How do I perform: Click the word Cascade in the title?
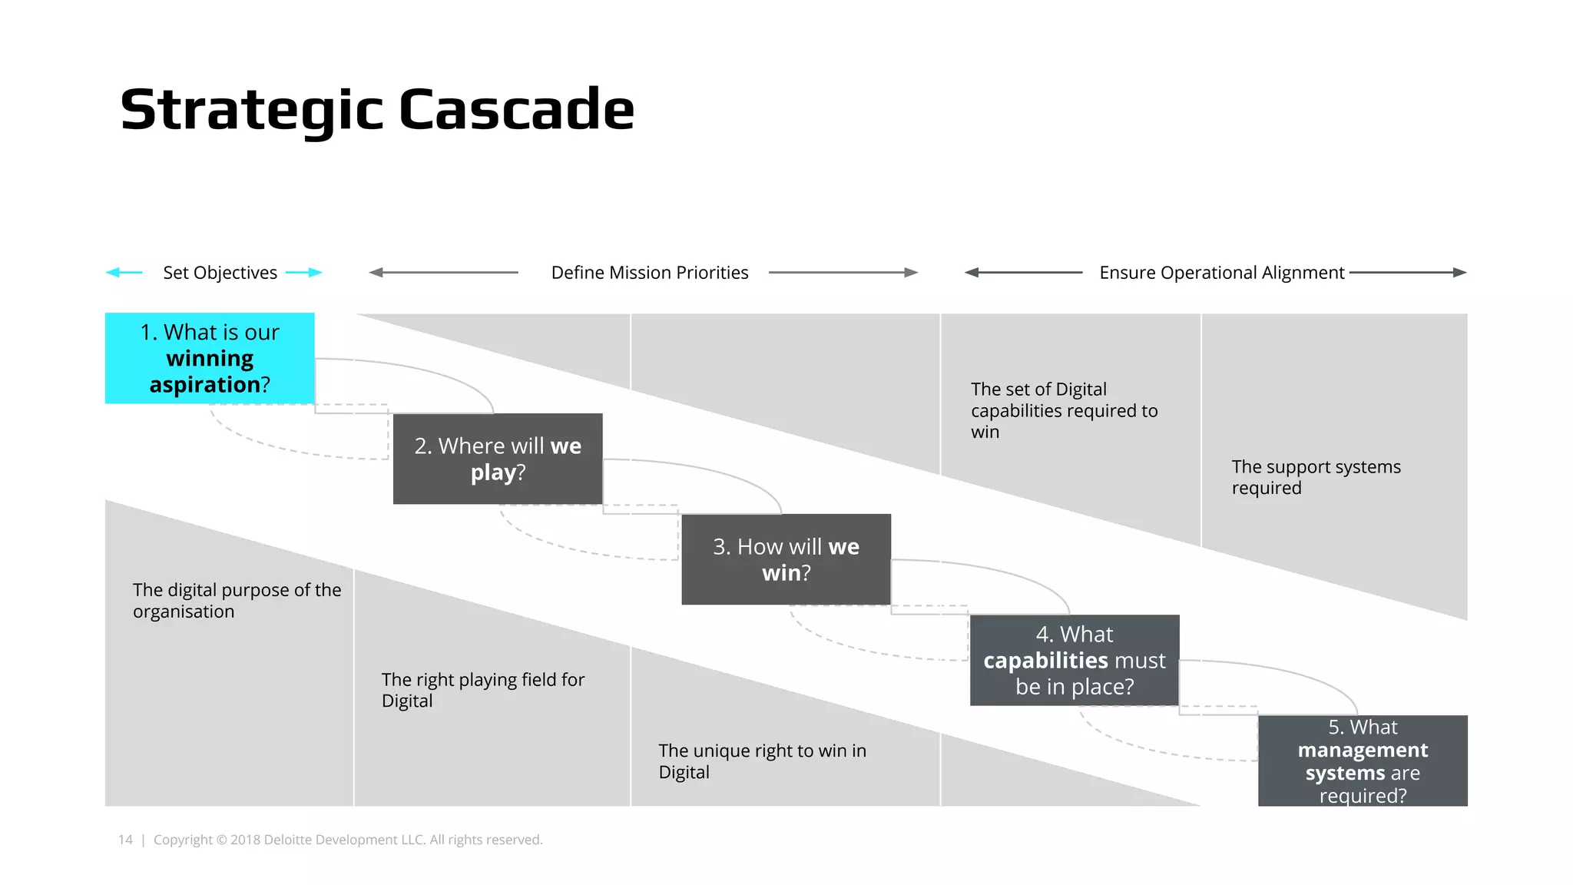coord(516,110)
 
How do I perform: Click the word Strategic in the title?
coord(251,110)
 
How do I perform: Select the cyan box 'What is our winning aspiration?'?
coord(210,358)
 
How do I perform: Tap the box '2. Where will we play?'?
coord(498,459)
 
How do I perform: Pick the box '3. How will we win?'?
coord(786,559)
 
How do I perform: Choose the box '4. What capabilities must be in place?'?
coord(1075,660)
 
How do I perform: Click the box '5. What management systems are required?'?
coord(1363,761)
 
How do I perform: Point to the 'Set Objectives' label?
coord(220,273)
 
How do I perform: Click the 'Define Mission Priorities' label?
coord(650,273)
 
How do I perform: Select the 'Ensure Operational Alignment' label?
coord(1221,273)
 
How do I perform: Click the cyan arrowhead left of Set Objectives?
coord(112,273)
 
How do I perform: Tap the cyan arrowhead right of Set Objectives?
coord(316,273)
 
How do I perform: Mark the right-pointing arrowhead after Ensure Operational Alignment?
coord(1460,273)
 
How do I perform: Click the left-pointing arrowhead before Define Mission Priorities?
coord(376,273)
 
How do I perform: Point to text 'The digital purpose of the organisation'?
coord(237,601)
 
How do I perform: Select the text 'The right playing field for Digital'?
coord(482,690)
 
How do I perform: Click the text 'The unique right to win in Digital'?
coord(762,761)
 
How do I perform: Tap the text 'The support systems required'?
coord(1316,477)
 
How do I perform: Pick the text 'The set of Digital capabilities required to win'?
coord(1064,410)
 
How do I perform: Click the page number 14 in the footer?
coord(125,840)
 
